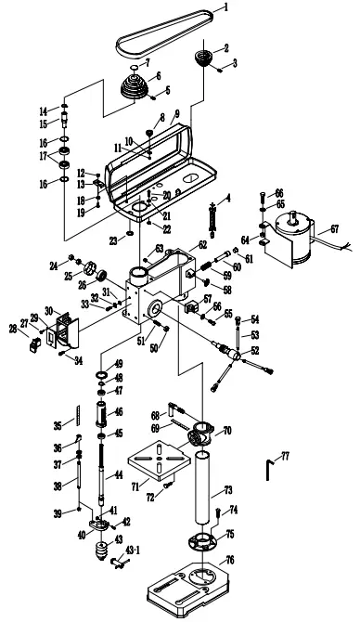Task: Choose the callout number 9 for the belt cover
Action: pyautogui.click(x=175, y=113)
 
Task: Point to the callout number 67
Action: pyautogui.click(x=335, y=227)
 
